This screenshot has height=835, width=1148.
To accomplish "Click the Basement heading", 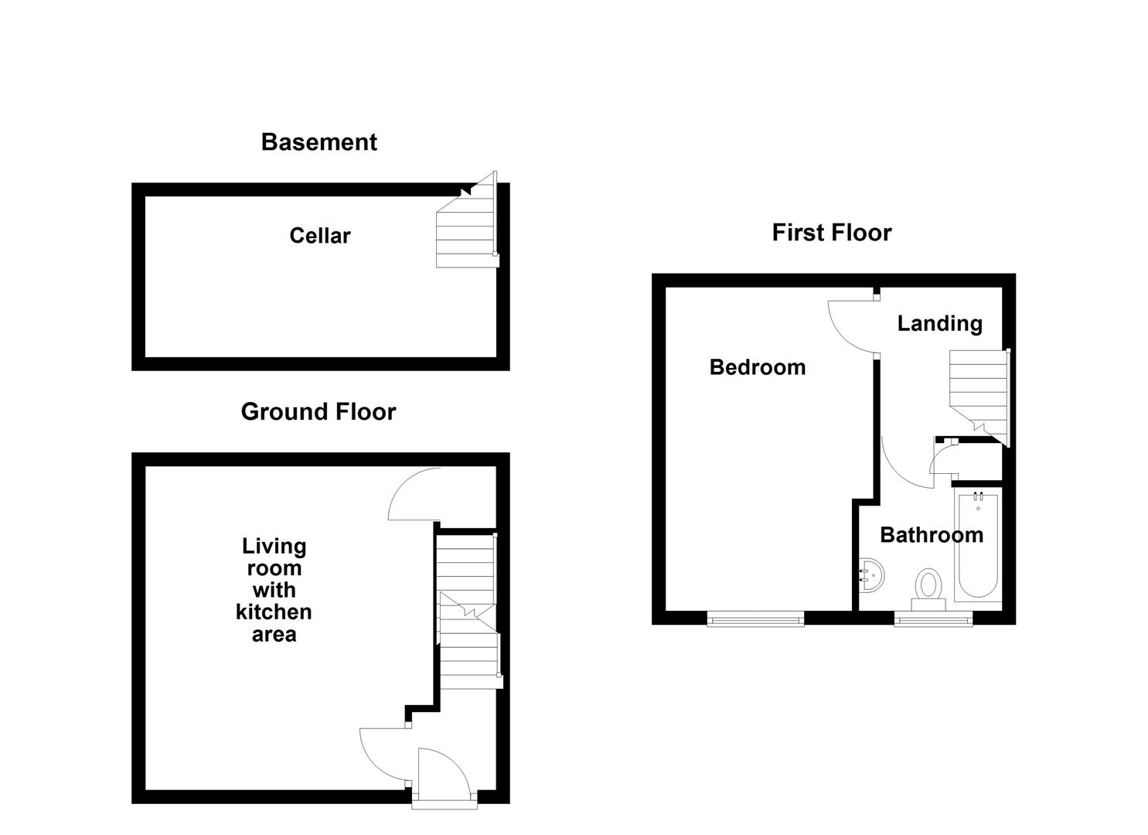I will point(319,142).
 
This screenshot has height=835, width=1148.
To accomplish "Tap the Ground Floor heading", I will point(318,411).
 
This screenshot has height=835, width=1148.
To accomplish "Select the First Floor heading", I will point(831,233).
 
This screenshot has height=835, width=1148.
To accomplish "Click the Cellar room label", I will point(319,236).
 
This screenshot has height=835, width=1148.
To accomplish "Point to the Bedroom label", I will point(757,367).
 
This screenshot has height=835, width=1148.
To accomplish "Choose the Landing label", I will point(939,323).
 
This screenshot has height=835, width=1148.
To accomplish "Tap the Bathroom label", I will point(931,535).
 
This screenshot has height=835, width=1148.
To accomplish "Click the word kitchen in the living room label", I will point(274,612).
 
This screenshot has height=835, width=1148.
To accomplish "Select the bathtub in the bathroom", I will point(977,545).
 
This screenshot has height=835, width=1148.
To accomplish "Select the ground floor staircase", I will point(467,611).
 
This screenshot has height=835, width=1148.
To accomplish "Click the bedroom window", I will point(755,618).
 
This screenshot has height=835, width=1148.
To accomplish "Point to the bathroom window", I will point(933,618).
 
